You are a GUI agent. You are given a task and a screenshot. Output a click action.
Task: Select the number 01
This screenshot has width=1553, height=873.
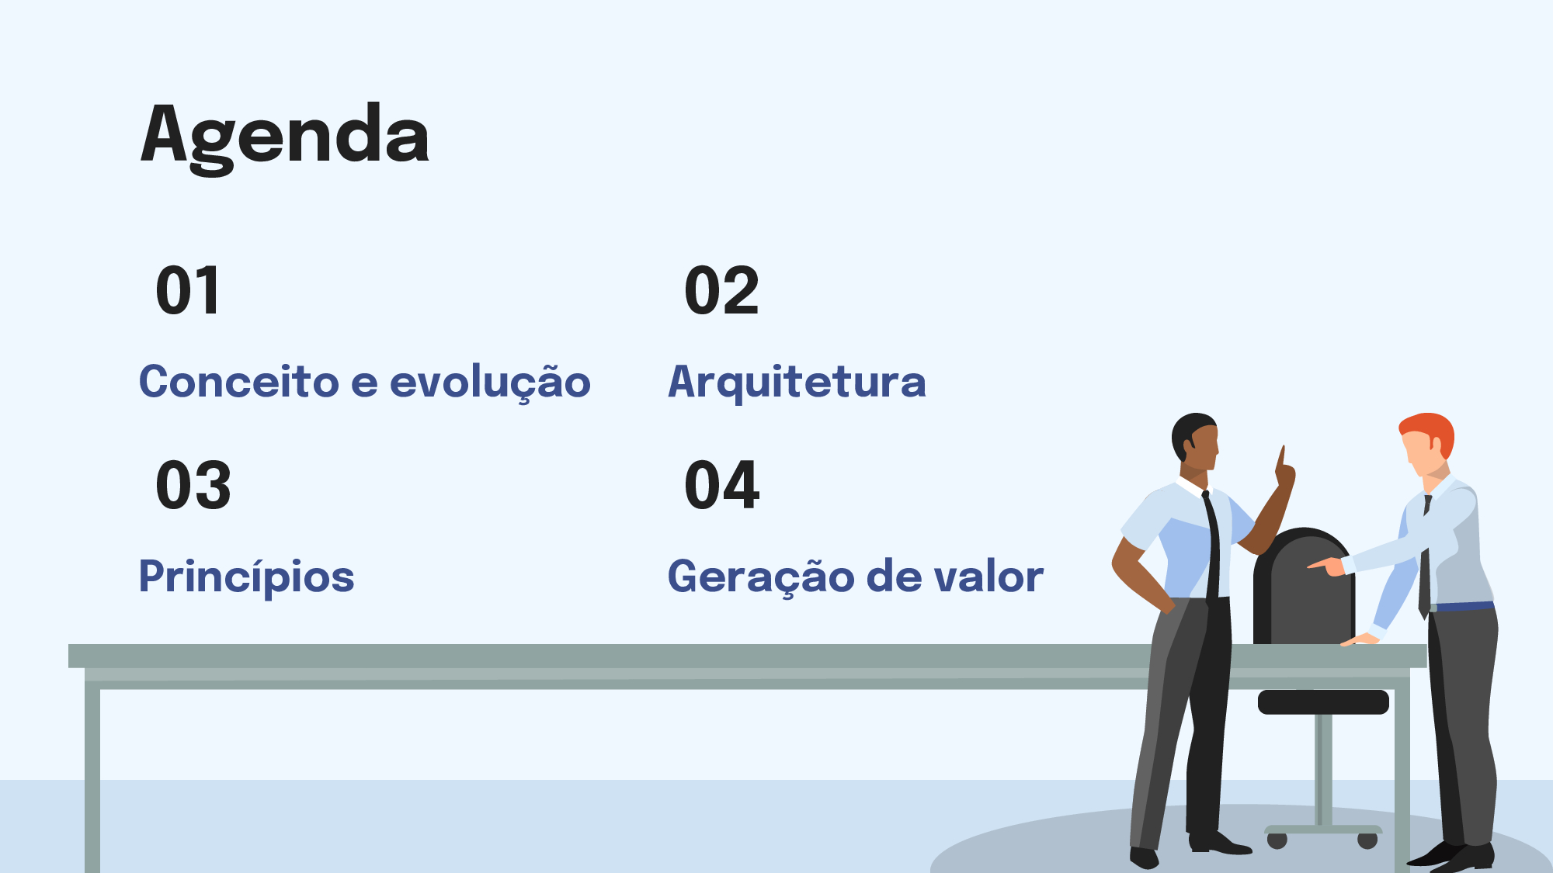point(189,290)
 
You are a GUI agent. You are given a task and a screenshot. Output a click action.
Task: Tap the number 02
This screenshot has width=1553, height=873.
point(721,290)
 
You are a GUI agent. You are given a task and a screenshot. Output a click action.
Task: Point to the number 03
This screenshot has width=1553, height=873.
point(193,485)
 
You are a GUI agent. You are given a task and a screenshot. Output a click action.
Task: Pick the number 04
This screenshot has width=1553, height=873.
point(722,485)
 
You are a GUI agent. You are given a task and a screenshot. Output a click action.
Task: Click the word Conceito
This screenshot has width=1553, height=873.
point(239,381)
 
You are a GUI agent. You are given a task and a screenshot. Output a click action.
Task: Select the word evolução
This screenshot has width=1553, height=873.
point(490,382)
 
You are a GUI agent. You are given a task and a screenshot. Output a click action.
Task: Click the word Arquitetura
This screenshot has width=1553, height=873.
point(797,383)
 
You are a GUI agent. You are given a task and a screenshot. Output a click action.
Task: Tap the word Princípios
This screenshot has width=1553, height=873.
point(246,577)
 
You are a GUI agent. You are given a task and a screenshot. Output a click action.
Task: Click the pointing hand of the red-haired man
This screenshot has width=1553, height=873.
point(1326,565)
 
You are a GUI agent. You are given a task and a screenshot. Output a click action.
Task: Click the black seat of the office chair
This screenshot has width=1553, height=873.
point(1323,702)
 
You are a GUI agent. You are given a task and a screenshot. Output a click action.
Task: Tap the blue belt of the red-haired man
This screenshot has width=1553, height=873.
point(1462,607)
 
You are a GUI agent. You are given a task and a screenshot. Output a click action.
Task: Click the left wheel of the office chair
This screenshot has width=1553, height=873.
point(1277,840)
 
